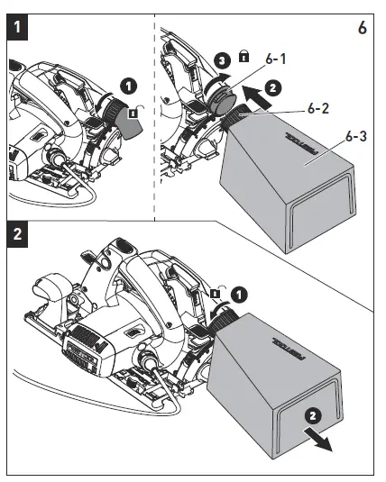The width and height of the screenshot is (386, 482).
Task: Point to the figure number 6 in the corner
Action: (362, 28)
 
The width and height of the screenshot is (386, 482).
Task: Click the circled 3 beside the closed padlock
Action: (227, 59)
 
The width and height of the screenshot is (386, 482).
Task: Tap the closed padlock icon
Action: (244, 56)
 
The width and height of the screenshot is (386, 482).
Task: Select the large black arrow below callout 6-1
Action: (255, 94)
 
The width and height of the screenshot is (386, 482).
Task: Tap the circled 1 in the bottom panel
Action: (237, 295)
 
